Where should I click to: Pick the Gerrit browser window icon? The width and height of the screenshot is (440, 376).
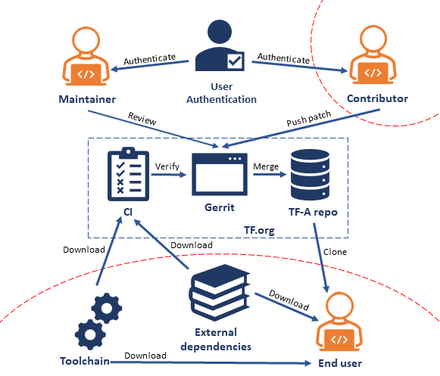(x=220, y=174)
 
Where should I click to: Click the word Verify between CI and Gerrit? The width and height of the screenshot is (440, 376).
(x=168, y=165)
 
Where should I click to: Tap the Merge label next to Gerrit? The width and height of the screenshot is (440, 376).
(x=265, y=165)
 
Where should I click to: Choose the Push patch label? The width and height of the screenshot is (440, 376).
(x=308, y=120)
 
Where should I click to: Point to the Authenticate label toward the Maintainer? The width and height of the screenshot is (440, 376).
(x=150, y=58)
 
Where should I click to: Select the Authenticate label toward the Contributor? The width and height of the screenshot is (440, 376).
(x=283, y=58)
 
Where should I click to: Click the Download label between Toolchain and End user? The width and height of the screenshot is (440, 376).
(x=145, y=355)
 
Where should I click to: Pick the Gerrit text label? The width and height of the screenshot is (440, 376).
(x=220, y=208)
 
